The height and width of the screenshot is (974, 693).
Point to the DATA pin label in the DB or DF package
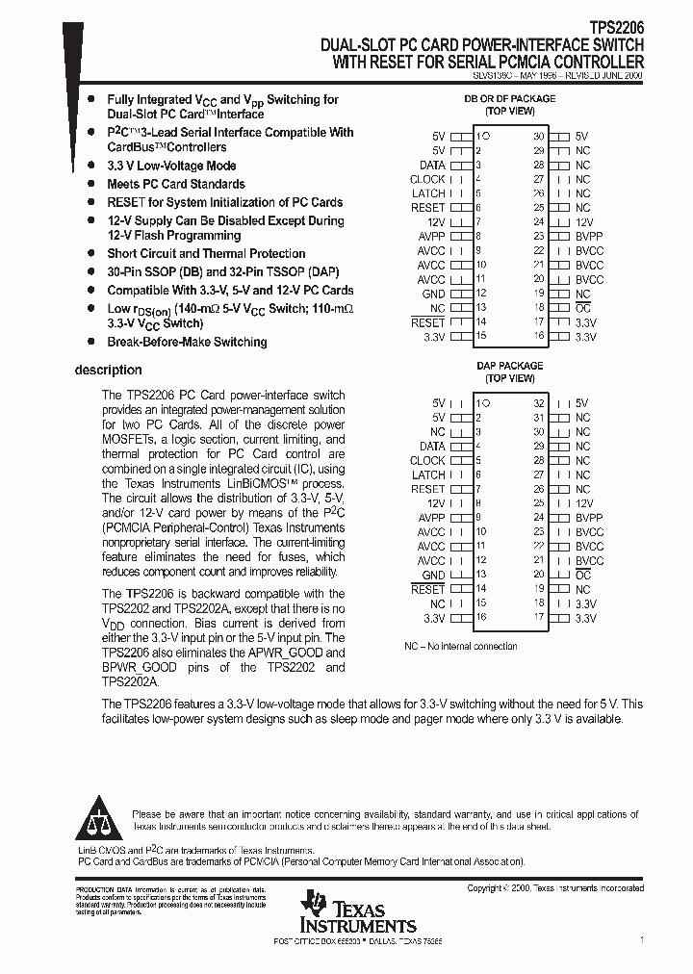pyautogui.click(x=432, y=166)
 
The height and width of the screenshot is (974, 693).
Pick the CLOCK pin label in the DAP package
pyautogui.click(x=427, y=460)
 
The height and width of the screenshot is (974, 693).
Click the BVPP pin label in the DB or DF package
pyautogui.click(x=589, y=237)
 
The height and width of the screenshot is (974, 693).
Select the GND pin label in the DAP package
pyautogui.click(x=433, y=575)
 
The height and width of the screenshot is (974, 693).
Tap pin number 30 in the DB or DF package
pyautogui.click(x=539, y=137)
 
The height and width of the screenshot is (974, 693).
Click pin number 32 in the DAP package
pyautogui.click(x=539, y=403)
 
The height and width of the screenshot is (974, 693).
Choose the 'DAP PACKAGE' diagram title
pyautogui.click(x=509, y=367)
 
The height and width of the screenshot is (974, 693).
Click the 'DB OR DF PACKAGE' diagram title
pyautogui.click(x=509, y=99)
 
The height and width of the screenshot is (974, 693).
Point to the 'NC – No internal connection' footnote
pyautogui.click(x=460, y=646)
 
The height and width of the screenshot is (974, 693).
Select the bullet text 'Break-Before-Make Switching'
pyautogui.click(x=187, y=342)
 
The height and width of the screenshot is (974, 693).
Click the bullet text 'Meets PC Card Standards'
pyautogui.click(x=175, y=184)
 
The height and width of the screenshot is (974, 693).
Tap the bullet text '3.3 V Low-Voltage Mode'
pyautogui.click(x=171, y=166)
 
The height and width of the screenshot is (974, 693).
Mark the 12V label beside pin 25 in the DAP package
pyautogui.click(x=585, y=503)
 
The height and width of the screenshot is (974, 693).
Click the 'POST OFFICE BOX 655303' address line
pyautogui.click(x=358, y=940)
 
